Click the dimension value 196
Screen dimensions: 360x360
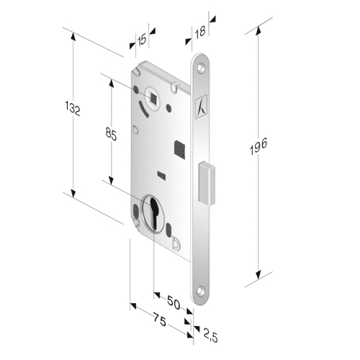[258, 147]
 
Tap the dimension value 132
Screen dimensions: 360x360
[73, 109]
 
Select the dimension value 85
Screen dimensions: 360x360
[111, 135]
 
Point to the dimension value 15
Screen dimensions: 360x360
[142, 40]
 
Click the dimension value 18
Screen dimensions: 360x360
[199, 32]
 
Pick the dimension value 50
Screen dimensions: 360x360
[174, 302]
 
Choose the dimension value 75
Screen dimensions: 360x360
[160, 320]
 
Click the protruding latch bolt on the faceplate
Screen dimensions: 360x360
[207, 184]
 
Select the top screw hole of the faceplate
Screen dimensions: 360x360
[201, 68]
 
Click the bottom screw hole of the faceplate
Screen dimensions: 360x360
[200, 291]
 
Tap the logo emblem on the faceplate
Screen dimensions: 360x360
[201, 107]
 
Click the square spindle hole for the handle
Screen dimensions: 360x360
[153, 97]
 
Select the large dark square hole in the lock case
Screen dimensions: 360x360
[179, 150]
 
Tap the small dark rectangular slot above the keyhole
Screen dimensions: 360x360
[161, 175]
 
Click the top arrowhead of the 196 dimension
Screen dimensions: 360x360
[258, 31]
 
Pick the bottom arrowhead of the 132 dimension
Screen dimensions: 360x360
[73, 193]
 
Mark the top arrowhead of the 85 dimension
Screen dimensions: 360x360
[111, 83]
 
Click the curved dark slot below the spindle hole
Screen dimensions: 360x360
[143, 109]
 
